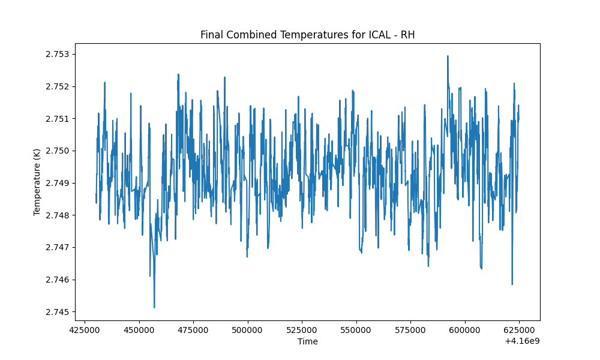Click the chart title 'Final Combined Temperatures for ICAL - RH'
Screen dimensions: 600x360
(x=308, y=35)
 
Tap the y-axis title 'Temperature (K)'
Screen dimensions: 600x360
(x=37, y=182)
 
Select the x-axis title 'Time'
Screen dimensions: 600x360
(x=308, y=341)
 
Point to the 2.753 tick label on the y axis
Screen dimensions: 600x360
(x=58, y=55)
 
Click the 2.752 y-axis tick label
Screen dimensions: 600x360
(x=58, y=86)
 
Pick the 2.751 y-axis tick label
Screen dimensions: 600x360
(x=58, y=119)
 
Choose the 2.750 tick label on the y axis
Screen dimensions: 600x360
(x=58, y=151)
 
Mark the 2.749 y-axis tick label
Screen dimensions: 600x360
(x=58, y=183)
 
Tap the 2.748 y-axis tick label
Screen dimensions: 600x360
(x=58, y=215)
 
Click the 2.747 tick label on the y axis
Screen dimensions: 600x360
(x=58, y=248)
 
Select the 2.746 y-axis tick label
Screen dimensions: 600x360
(x=58, y=280)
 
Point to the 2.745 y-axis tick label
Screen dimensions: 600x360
(x=58, y=312)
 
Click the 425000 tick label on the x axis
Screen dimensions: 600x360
(x=85, y=330)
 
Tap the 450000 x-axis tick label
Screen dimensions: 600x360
(x=139, y=330)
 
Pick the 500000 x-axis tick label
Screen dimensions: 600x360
(x=248, y=330)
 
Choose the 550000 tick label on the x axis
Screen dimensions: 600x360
(x=356, y=330)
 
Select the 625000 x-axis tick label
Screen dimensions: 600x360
(x=519, y=330)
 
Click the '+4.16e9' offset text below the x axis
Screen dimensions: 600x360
(x=523, y=341)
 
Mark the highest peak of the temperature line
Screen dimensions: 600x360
(x=448, y=56)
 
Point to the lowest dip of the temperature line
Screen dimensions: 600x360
(x=154, y=307)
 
